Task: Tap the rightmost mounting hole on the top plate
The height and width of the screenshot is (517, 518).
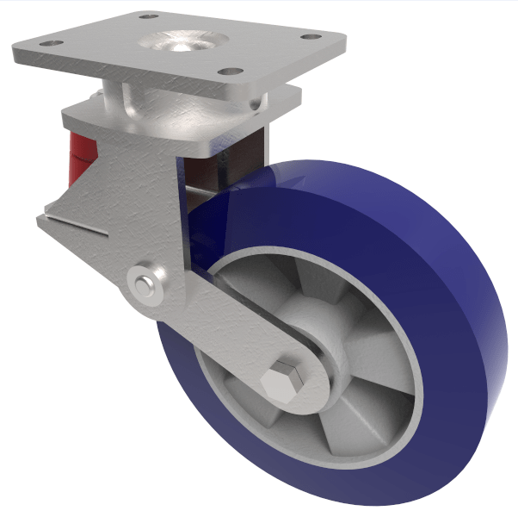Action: click(303, 37)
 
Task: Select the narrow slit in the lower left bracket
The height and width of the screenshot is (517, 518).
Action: click(77, 227)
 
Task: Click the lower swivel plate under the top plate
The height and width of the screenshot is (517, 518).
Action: click(172, 116)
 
